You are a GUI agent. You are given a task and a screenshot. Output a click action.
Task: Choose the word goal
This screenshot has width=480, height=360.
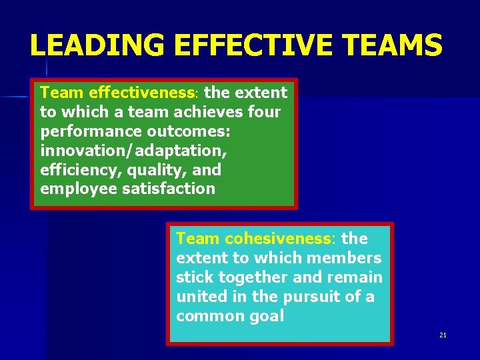pos(266,315)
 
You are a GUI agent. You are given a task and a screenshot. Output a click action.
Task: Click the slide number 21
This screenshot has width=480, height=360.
pos(443,335)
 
